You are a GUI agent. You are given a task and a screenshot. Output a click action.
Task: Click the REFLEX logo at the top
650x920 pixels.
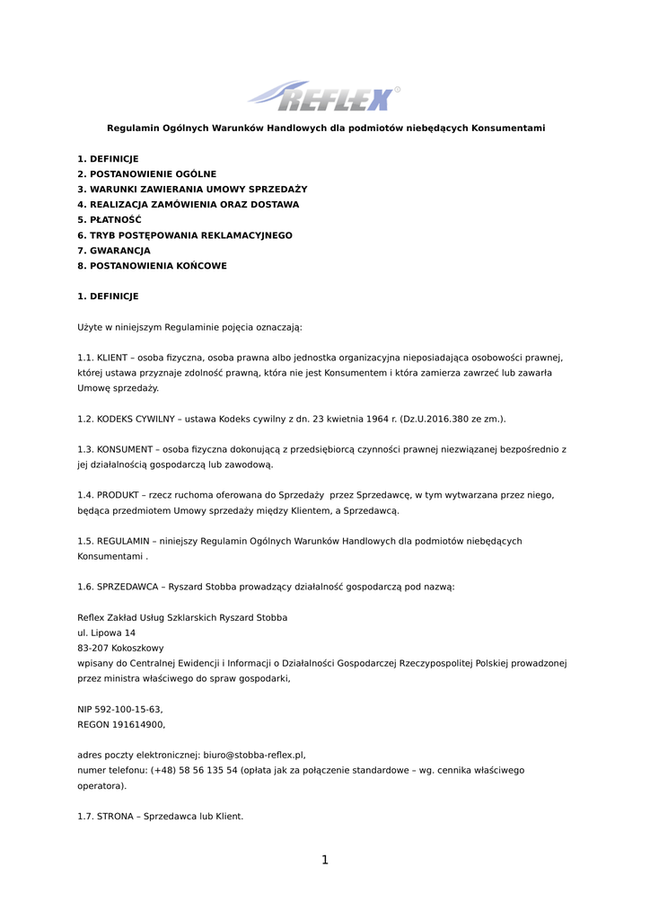coord(324,95)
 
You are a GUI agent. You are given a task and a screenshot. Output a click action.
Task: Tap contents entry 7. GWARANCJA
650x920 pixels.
coord(114,251)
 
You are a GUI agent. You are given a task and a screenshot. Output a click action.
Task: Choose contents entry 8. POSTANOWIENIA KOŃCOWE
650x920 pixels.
coord(152,266)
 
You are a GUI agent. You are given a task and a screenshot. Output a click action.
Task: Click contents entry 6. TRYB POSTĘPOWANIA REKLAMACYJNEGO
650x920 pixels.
coord(185,235)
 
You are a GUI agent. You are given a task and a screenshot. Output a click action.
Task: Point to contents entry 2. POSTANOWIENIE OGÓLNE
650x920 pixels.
coord(146,173)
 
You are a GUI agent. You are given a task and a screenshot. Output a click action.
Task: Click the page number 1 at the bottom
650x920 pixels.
coord(325,860)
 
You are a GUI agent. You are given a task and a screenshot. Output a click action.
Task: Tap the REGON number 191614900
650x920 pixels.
coord(137,724)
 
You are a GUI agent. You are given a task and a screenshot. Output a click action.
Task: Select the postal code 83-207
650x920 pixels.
coord(93,648)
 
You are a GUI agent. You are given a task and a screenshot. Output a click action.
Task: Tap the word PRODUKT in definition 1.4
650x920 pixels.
coord(119,495)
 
